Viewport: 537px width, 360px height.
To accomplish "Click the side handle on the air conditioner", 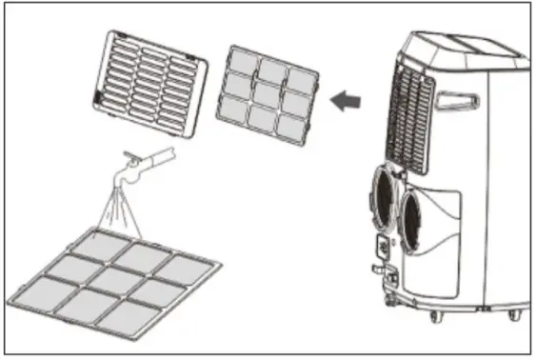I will coord(460,99).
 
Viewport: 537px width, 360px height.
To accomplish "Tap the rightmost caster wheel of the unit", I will coord(514,314).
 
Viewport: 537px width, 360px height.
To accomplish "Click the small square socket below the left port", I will coord(381,246).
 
